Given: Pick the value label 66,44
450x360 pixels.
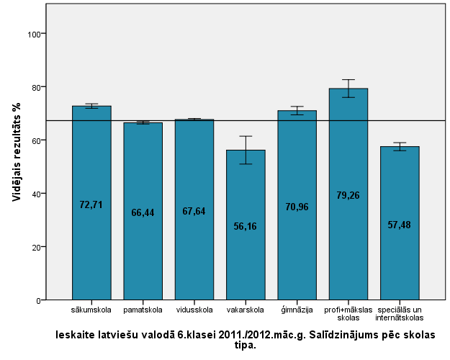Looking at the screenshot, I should [x=143, y=212].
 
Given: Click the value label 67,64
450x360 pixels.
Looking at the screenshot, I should [x=194, y=211].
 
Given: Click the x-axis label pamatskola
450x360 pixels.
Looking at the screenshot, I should [x=143, y=310].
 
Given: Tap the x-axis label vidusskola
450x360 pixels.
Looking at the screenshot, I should [x=194, y=310].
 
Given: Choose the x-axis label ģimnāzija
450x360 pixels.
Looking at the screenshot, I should [x=297, y=310].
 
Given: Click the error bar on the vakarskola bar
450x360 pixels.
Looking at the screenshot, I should [x=246, y=150].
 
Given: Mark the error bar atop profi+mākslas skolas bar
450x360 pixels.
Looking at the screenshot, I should [x=348, y=88].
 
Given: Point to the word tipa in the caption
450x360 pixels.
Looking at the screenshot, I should [x=245, y=345].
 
